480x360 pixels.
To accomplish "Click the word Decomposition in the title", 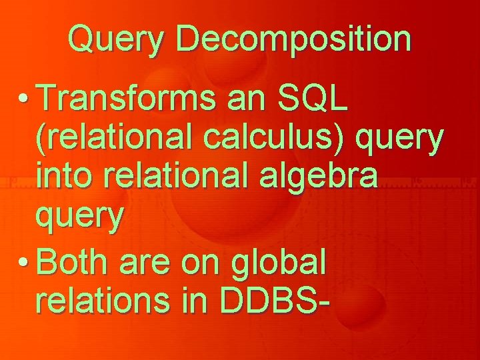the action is click(x=293, y=39).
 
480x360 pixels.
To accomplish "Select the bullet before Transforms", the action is click(x=23, y=98).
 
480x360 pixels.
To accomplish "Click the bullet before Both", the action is click(x=23, y=262).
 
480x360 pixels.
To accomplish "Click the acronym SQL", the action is click(x=313, y=97).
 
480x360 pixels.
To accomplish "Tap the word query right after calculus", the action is click(x=399, y=140).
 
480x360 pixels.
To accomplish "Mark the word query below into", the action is click(x=80, y=217).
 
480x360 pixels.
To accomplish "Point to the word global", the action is click(x=278, y=264).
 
